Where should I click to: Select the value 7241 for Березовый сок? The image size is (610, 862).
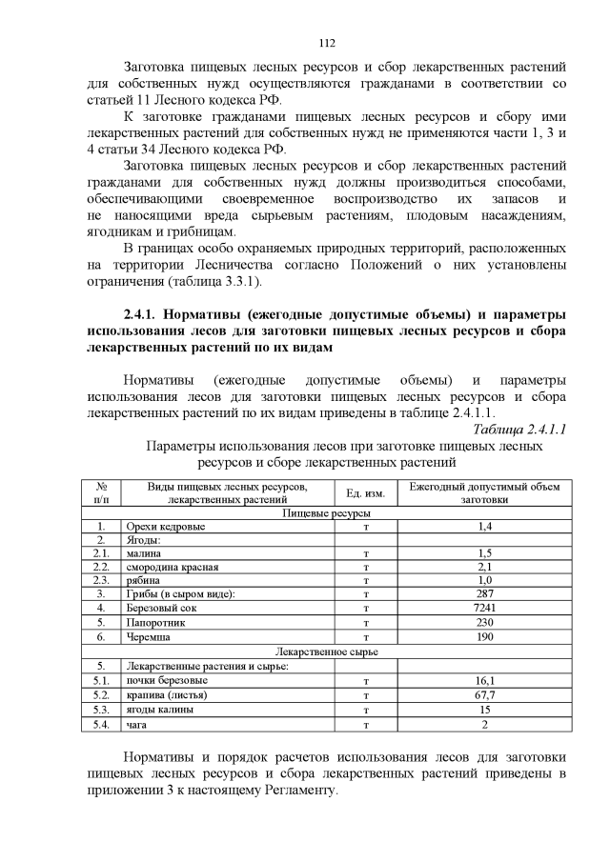pos(485,607)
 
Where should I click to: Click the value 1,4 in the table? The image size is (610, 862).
pos(485,526)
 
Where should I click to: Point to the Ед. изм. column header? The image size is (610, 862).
pos(365,492)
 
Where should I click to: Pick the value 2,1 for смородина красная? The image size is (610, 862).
pos(485,566)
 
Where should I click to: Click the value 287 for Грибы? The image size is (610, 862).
pos(485,593)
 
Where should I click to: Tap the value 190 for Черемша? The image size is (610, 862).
pos(485,634)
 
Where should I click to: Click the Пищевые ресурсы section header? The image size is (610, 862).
pos(327,512)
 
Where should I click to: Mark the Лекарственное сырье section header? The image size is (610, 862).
pos(327,652)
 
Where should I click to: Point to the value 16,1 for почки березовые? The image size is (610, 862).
pos(485,681)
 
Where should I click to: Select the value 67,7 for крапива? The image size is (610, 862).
pos(485,695)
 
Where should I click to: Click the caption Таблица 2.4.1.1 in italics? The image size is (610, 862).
pos(519,429)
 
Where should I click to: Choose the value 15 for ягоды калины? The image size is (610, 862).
pos(485,710)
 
